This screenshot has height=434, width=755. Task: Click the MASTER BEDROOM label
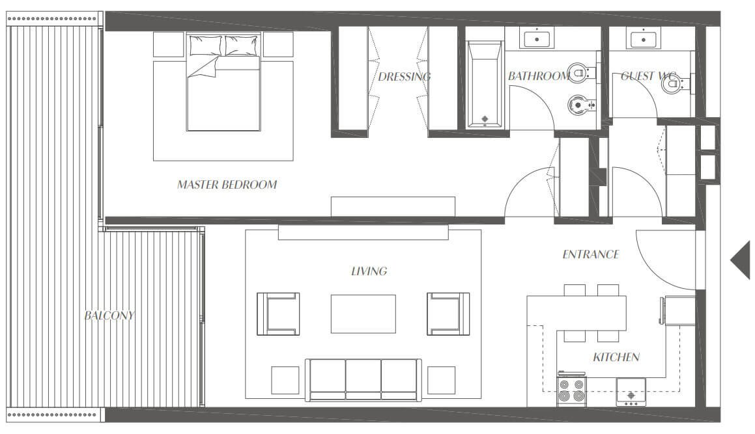(227, 184)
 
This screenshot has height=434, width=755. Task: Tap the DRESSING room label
(404, 77)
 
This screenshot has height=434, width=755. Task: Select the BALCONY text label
(109, 316)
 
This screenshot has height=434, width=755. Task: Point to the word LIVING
(369, 271)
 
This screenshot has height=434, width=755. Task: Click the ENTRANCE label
(590, 254)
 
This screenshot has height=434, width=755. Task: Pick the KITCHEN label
(616, 357)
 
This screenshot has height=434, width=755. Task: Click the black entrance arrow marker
(741, 260)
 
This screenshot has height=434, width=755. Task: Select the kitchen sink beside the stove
(631, 392)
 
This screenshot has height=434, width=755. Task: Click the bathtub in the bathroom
(485, 84)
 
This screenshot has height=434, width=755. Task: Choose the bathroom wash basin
(536, 37)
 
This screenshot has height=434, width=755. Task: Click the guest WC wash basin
(644, 37)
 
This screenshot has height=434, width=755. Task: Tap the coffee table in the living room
(363, 314)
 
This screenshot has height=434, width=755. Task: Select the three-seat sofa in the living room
(363, 379)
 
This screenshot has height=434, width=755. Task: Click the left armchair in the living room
(278, 314)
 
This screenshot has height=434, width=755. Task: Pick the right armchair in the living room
(448, 314)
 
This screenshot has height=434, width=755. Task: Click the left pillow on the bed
(206, 46)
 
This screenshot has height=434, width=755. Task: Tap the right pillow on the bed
(241, 46)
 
